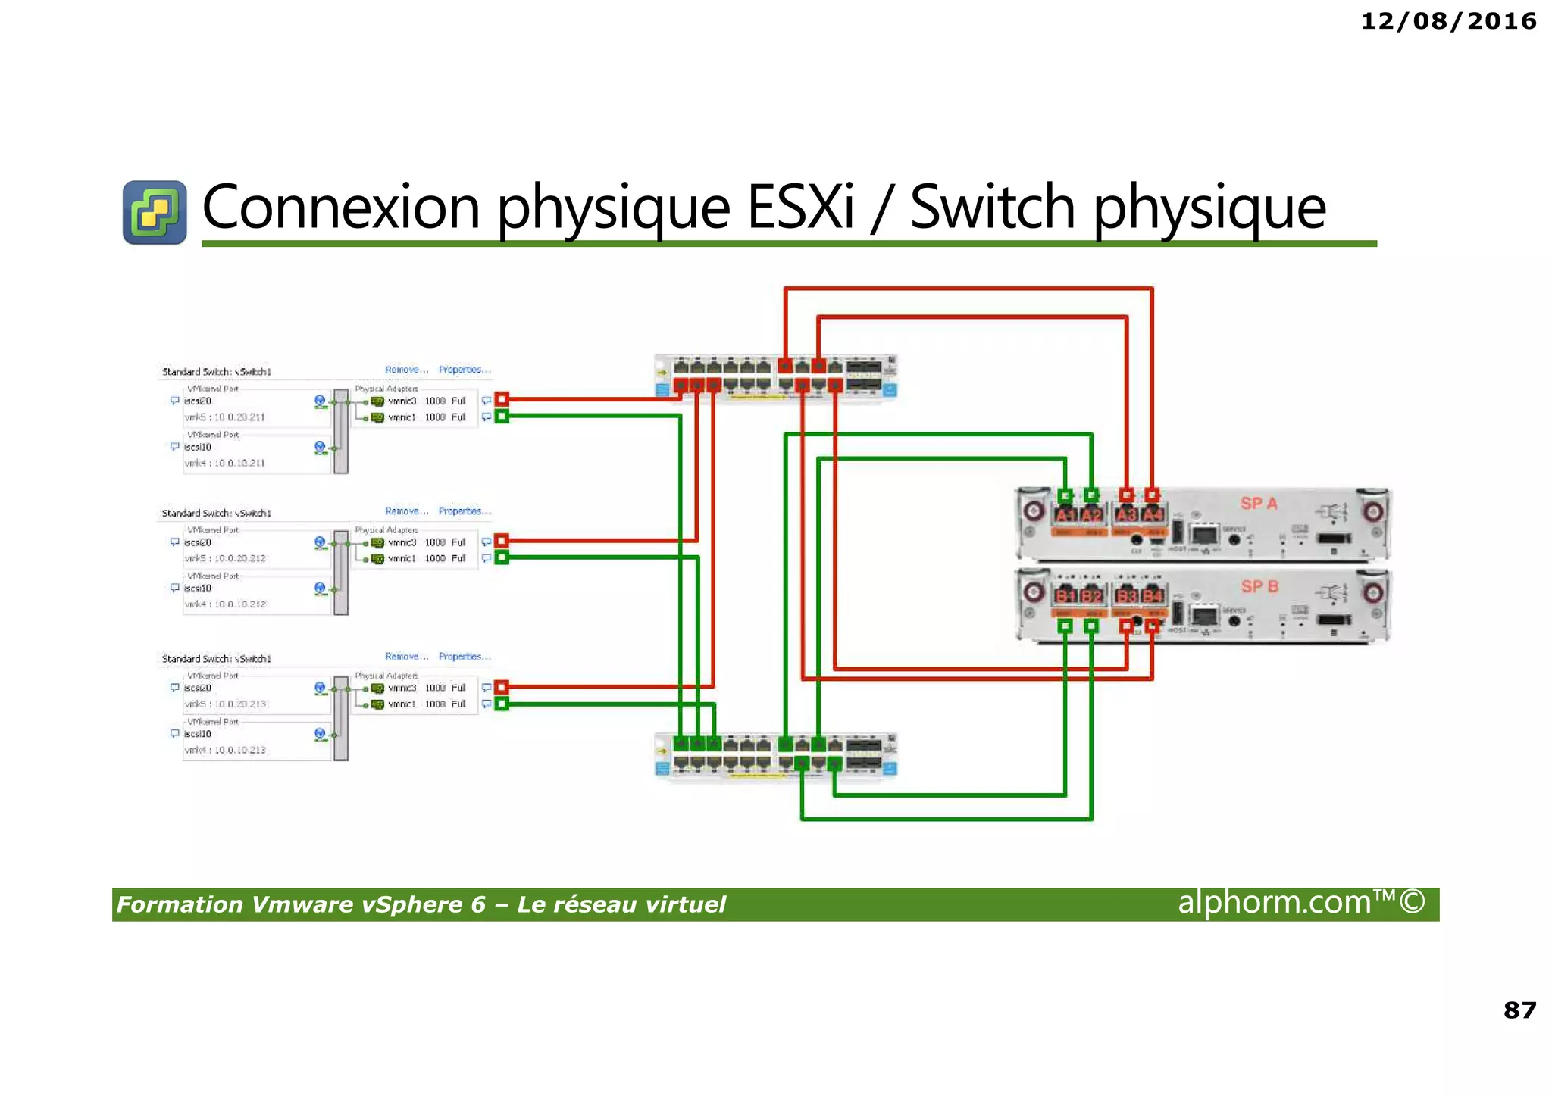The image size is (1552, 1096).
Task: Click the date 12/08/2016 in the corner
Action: [x=1448, y=21]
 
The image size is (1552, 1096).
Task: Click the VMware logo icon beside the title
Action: [x=155, y=212]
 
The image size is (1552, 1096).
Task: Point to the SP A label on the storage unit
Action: [x=1259, y=503]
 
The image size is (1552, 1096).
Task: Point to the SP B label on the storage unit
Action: [x=1259, y=586]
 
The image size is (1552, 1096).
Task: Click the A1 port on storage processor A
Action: [x=1065, y=515]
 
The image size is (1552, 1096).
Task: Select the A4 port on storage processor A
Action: [x=1153, y=515]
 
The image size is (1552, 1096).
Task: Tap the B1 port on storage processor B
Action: [x=1065, y=595]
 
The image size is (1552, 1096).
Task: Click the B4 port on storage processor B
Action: [x=1153, y=595]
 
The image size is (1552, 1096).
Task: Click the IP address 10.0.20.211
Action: [x=239, y=417]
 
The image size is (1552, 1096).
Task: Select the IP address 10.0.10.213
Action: [x=240, y=750]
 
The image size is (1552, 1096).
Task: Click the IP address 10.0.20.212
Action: [x=240, y=558]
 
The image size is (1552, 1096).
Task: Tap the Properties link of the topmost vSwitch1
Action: [x=464, y=370]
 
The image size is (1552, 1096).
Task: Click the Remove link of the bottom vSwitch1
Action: [x=406, y=657]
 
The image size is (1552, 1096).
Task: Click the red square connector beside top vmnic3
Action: [x=502, y=399]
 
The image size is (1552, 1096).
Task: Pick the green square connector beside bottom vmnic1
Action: [x=502, y=704]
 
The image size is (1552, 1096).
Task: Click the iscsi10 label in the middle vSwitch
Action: [x=198, y=589]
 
